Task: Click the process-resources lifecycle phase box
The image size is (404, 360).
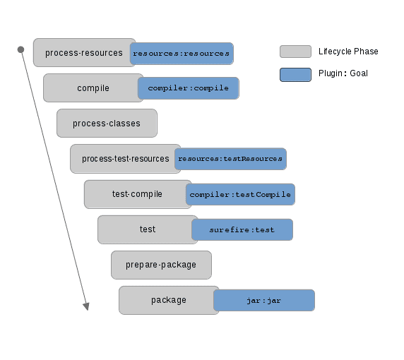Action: (83, 53)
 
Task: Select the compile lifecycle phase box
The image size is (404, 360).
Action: (93, 88)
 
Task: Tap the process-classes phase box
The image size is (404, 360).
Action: (107, 124)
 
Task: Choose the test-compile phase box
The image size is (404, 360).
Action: (136, 194)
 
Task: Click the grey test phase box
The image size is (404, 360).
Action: (145, 229)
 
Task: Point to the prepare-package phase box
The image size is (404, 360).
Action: (161, 265)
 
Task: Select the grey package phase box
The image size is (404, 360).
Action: (167, 300)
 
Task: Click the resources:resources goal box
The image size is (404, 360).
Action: (182, 54)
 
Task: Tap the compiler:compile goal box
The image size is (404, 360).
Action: (188, 88)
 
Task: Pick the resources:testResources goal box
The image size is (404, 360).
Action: (230, 159)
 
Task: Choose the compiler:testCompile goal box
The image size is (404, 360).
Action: (240, 194)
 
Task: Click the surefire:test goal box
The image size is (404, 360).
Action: (242, 230)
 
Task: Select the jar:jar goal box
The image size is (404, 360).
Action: (264, 300)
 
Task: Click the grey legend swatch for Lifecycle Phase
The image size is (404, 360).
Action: (295, 52)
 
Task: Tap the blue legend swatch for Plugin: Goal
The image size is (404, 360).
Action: (295, 73)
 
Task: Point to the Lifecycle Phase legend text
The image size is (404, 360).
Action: (348, 52)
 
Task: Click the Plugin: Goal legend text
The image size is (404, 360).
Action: (343, 73)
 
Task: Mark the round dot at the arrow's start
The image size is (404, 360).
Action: (21, 49)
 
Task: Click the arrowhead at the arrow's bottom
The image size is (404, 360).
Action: (86, 306)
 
